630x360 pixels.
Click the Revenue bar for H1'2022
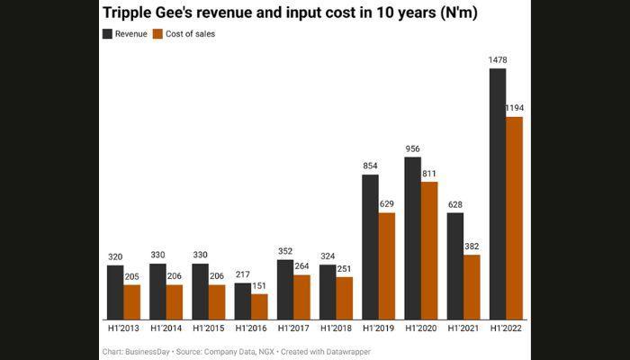498,193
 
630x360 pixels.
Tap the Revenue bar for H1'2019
370,247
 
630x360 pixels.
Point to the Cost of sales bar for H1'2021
472,286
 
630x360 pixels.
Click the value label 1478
498,59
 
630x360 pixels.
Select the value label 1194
515,108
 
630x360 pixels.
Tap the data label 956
412,148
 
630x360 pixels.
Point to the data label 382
472,246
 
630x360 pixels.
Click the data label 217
242,274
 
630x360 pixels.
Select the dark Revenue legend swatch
108,34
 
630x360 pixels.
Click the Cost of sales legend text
189,34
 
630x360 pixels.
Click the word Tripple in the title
132,13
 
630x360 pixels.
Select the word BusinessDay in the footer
150,351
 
